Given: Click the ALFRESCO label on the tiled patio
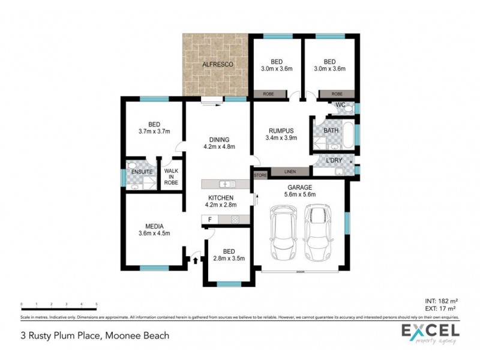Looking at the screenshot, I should point(217,64).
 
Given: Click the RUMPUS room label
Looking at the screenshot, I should point(281,130).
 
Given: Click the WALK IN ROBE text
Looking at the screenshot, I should point(171,176).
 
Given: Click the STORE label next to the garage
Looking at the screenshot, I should point(260,175).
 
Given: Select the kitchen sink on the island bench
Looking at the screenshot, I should point(227,184).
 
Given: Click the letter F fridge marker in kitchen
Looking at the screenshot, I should point(209,220).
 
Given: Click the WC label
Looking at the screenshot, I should point(340,106).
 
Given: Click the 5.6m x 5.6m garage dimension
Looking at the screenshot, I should point(299,194).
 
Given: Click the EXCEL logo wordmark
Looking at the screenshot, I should point(430,330).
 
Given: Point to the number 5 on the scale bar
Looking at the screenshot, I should point(97,305).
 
